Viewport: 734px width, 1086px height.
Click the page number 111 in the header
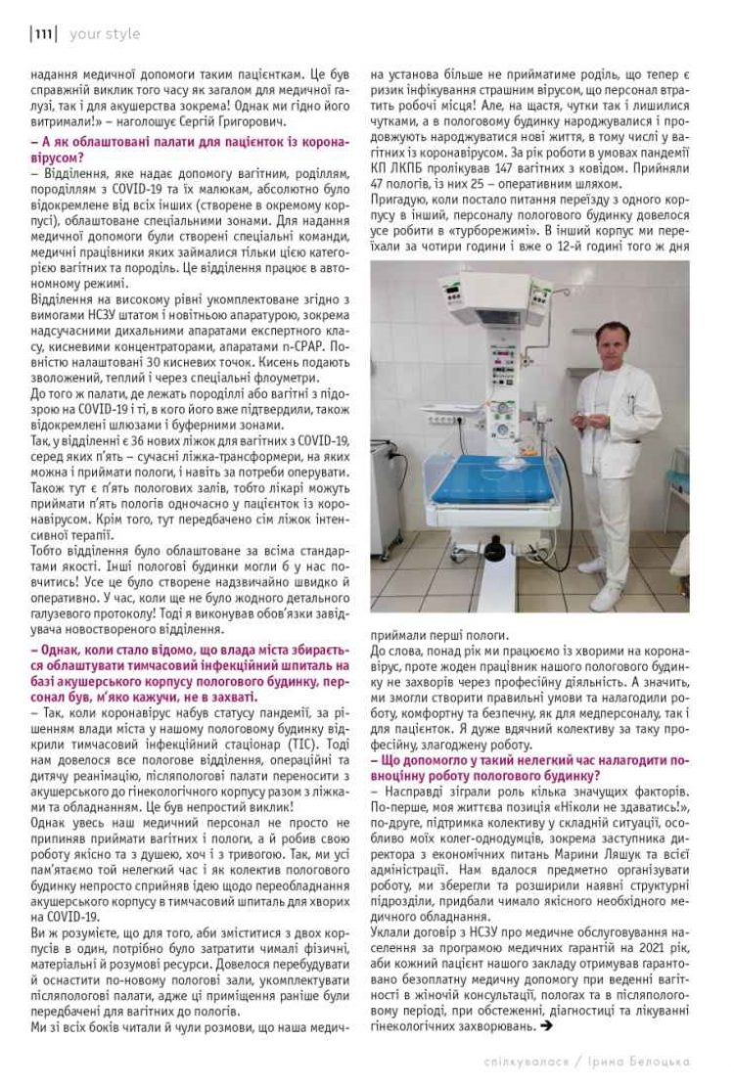(x=43, y=34)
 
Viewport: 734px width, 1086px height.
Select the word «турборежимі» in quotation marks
(x=460, y=229)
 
